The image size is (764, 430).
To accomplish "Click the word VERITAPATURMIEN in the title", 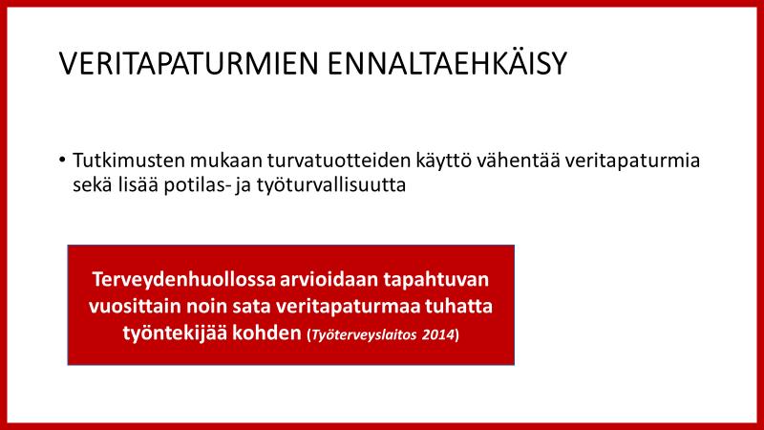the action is pyautogui.click(x=188, y=63).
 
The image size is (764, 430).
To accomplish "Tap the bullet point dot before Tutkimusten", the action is pyautogui.click(x=62, y=160).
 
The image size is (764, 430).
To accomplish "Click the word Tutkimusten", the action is pyautogui.click(x=129, y=160).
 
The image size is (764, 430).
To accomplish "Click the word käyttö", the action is pyautogui.click(x=444, y=161).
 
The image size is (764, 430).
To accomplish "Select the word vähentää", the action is pyautogui.click(x=519, y=160).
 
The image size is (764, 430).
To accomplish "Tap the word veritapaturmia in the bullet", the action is pyautogui.click(x=633, y=161).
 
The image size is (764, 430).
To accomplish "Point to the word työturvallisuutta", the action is pyautogui.click(x=331, y=185).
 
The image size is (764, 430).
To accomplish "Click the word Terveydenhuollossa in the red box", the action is pyautogui.click(x=183, y=280).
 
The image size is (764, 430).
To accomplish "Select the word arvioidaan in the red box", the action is pyautogui.click(x=329, y=279).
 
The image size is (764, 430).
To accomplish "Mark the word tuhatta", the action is pyautogui.click(x=458, y=307).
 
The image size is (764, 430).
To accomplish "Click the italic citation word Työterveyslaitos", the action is pyautogui.click(x=364, y=335).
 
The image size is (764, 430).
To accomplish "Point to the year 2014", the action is pyautogui.click(x=438, y=335).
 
